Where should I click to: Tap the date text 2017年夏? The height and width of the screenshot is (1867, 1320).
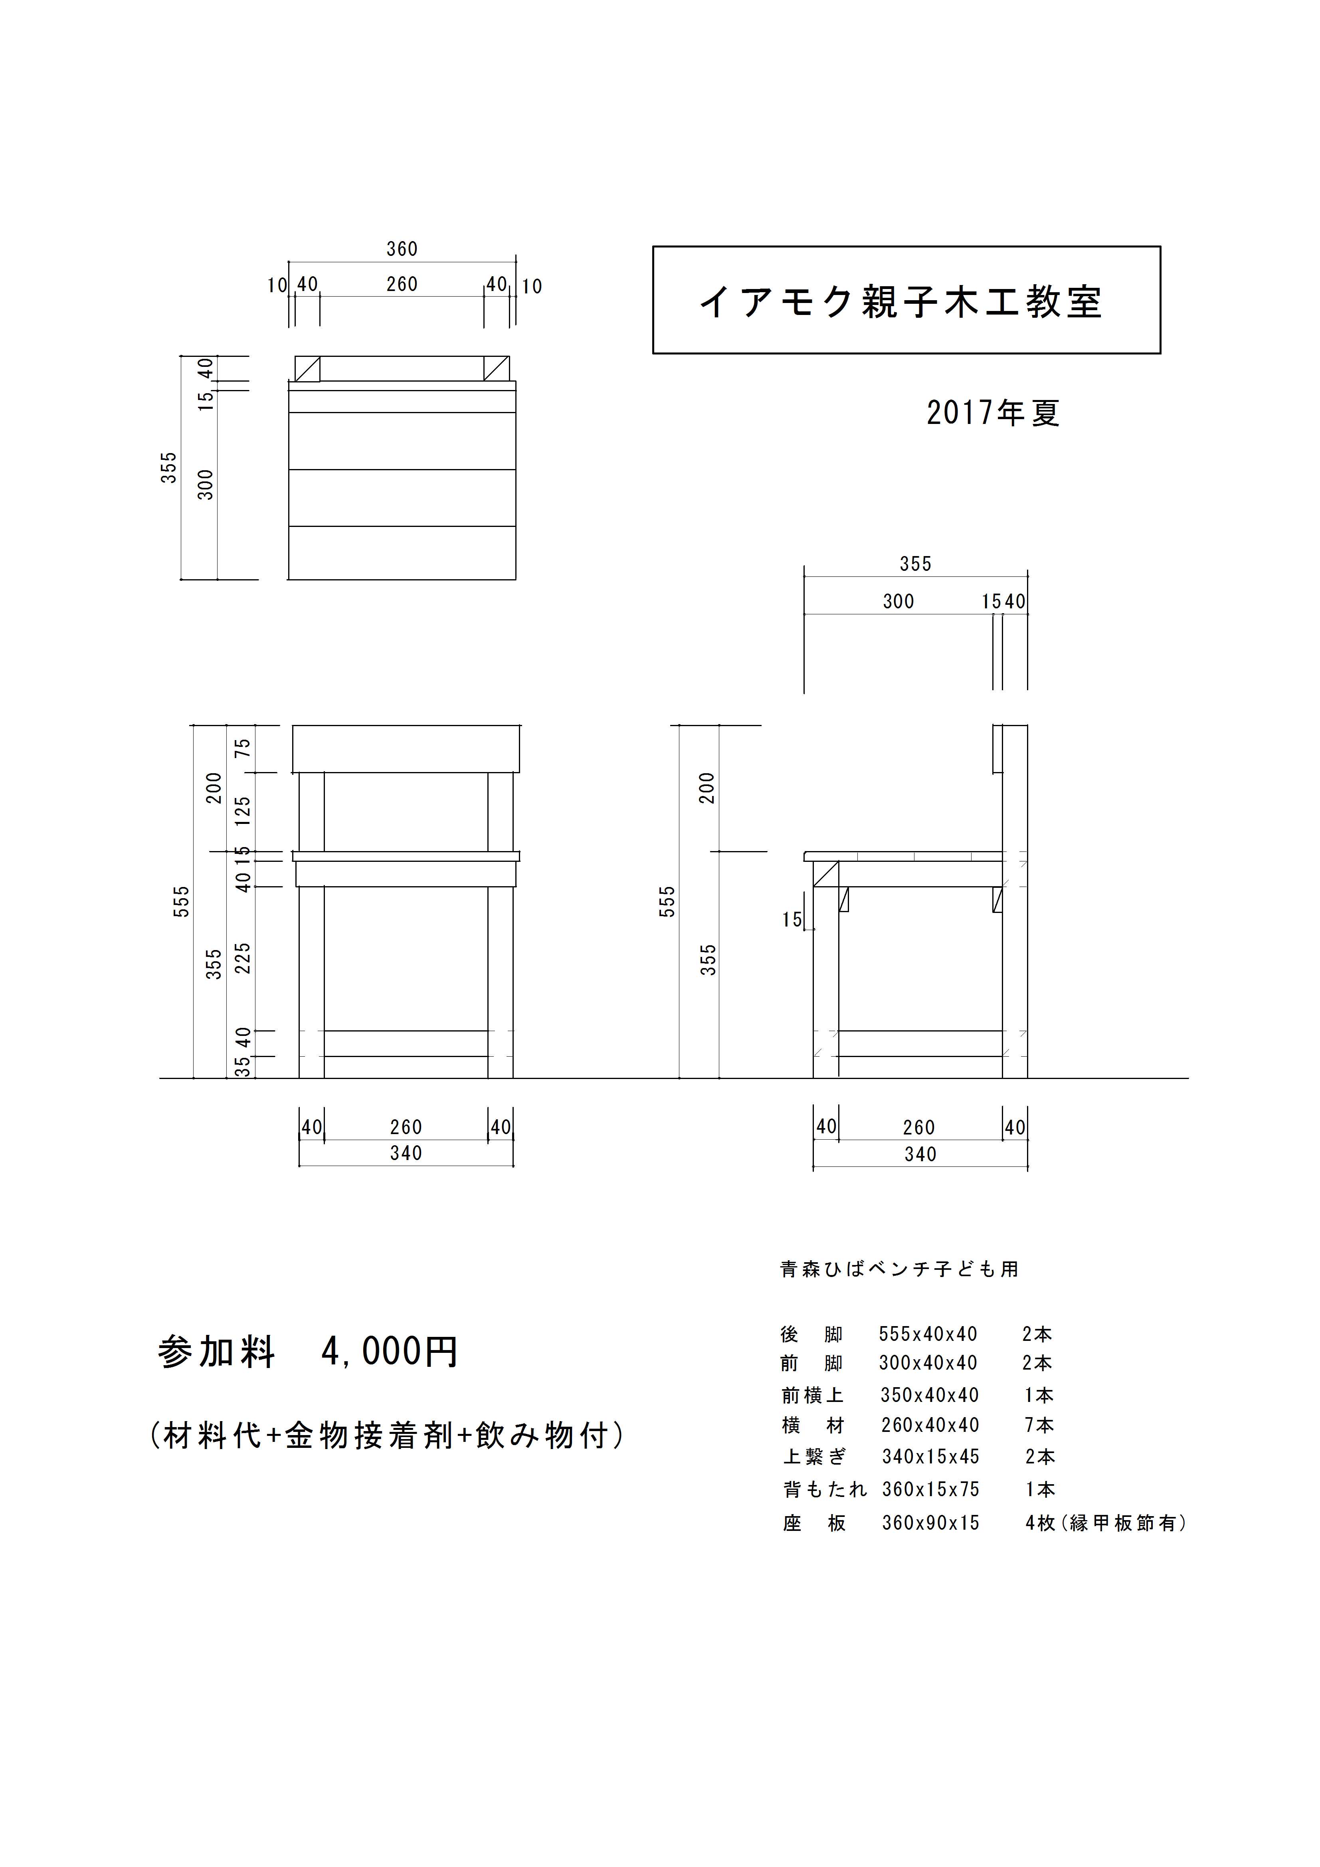(993, 413)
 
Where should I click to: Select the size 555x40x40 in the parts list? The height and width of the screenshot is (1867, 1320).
(928, 1334)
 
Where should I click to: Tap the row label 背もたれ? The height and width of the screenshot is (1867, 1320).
(825, 1489)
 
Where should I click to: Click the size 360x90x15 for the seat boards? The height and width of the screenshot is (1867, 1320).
(930, 1522)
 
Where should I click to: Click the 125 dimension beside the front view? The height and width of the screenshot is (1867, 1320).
(242, 812)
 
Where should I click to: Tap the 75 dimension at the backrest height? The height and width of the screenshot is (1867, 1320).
(242, 748)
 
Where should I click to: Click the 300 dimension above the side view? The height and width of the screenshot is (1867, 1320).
(899, 602)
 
